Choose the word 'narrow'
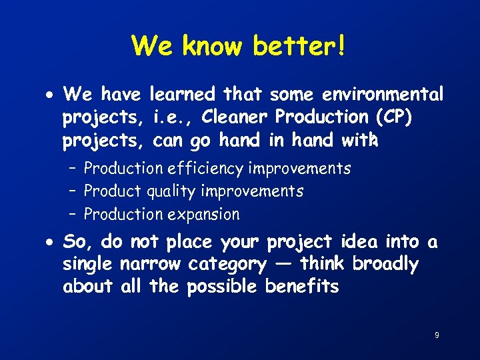pyautogui.click(x=150, y=265)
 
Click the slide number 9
pyautogui.click(x=437, y=335)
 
